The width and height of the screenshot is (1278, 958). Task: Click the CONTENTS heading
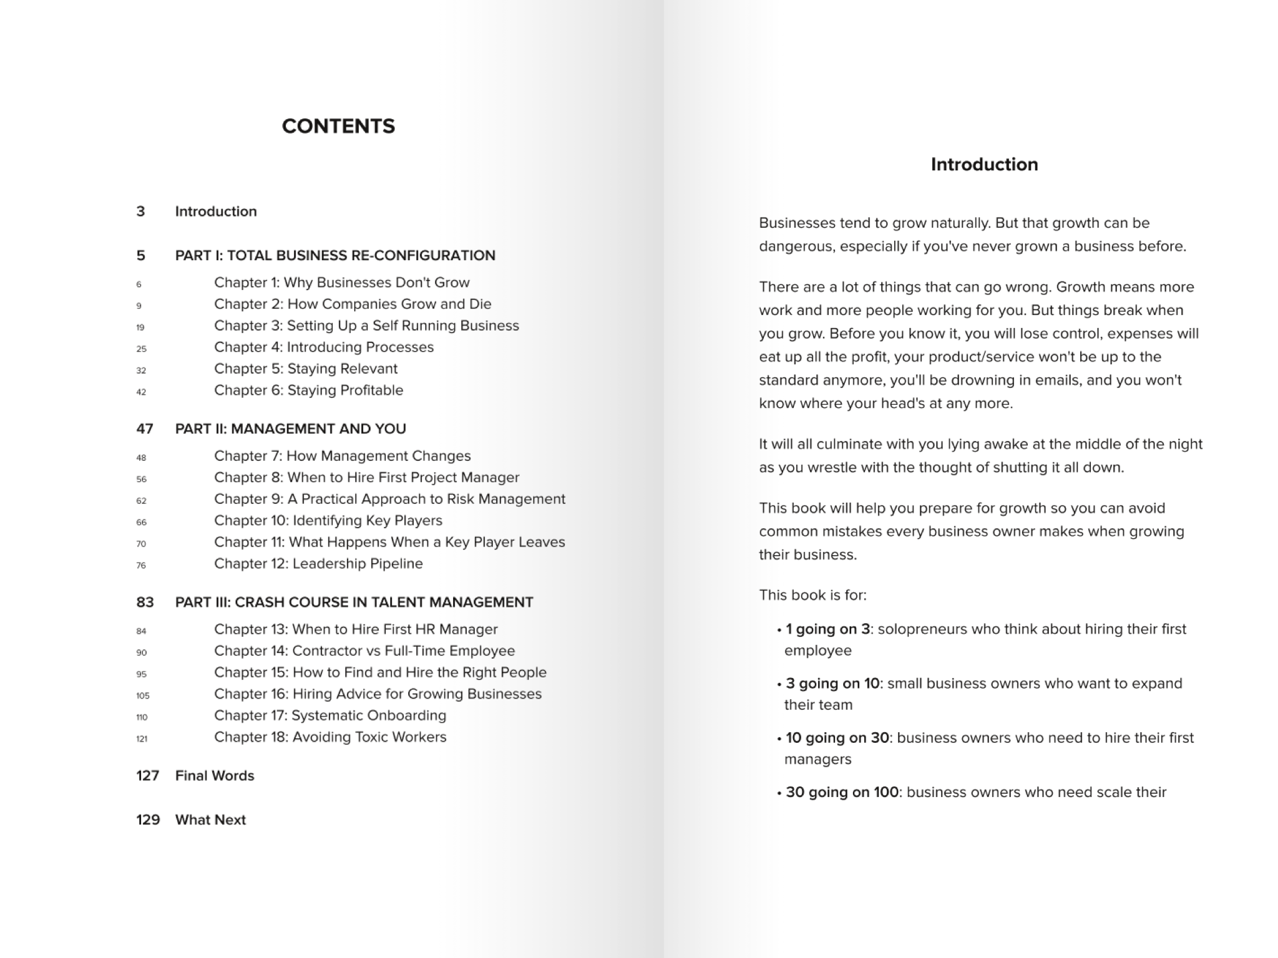(338, 126)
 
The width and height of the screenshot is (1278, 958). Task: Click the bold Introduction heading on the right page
(984, 164)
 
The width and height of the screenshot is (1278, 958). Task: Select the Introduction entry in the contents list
(216, 211)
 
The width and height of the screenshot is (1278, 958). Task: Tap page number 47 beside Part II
(145, 428)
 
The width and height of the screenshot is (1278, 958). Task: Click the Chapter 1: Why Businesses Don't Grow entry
(341, 283)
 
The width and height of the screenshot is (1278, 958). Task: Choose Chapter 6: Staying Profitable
(308, 390)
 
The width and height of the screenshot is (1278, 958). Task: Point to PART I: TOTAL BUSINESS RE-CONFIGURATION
(335, 255)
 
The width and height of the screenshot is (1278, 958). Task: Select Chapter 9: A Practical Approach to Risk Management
(389, 499)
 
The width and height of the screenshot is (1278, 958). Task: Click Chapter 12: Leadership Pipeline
(318, 563)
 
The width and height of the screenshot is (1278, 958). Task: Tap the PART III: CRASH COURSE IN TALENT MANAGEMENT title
(354, 602)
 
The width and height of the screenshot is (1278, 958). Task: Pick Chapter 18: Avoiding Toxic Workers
(330, 737)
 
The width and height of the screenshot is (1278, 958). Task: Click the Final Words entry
(215, 775)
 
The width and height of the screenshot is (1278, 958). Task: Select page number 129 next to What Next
(148, 820)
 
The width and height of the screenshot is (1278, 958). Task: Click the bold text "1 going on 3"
(827, 629)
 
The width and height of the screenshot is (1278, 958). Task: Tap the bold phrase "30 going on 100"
(842, 792)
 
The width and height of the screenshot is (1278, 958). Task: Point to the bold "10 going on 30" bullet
(837, 738)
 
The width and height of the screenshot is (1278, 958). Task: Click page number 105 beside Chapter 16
(143, 695)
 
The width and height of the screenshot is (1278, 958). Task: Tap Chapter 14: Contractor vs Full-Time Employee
(364, 651)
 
